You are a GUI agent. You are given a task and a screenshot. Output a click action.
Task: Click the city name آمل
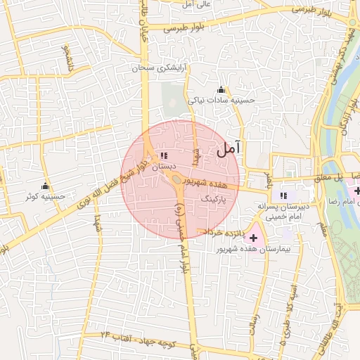pos(229,148)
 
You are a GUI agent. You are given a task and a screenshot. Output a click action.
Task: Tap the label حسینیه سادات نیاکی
pos(221,101)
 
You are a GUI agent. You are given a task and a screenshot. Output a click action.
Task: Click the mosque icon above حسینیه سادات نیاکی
pos(221,89)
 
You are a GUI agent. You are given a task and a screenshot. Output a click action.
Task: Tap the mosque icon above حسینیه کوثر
pos(46,186)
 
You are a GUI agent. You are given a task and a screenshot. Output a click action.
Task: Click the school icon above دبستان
pos(164,155)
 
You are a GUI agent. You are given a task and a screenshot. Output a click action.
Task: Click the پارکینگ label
pos(215,200)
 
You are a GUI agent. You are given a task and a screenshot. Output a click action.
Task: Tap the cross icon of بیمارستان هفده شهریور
pos(254,238)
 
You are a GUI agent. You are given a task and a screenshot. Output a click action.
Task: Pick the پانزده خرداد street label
pos(224,232)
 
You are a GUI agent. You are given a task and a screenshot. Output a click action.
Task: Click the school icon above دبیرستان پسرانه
pos(283,195)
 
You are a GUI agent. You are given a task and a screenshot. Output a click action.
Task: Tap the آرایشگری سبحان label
pos(163,68)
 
